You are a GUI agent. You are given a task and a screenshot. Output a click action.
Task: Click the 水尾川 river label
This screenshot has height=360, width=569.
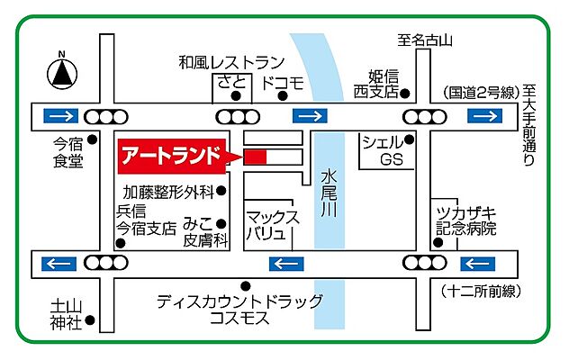pos(330,191)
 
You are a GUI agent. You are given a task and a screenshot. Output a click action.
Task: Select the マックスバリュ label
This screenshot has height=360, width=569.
pos(267,225)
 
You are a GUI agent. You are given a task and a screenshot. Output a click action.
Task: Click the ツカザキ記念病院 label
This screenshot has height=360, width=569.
pos(466,220)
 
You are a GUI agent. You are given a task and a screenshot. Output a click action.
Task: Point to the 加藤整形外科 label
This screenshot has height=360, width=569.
pos(168,191)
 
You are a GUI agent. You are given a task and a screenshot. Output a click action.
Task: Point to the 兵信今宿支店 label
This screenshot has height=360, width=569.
pos(144,220)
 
